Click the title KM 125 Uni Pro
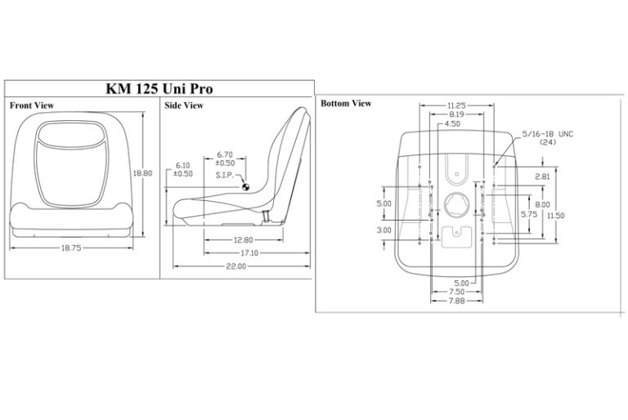point(161,88)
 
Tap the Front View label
point(33,105)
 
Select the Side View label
point(184,105)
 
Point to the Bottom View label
point(345,103)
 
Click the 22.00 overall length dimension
point(235,267)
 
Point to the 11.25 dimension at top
point(456,105)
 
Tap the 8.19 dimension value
point(456,115)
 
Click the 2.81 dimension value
point(541,176)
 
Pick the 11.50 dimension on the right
point(556,215)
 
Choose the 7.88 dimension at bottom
point(458,301)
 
